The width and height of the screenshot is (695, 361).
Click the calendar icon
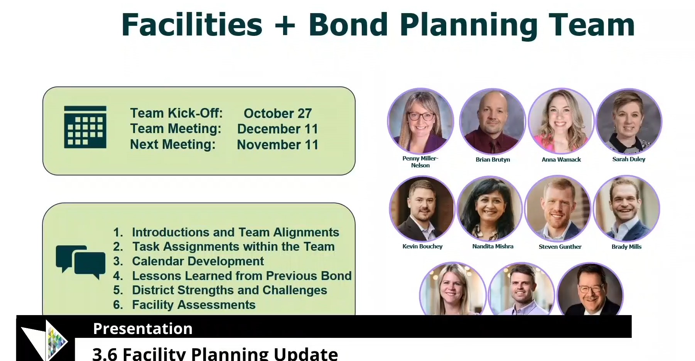tap(85, 127)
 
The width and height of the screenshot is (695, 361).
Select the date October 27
tap(278, 113)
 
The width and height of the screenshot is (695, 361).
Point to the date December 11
tap(278, 129)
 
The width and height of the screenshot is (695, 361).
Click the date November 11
tap(278, 145)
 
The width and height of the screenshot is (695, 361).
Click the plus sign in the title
tap(285, 25)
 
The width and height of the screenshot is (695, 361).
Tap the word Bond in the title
tap(348, 25)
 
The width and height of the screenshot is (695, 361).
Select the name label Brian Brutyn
tap(493, 159)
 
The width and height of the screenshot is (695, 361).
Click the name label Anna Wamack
tap(561, 159)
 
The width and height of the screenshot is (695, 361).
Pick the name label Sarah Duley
tap(629, 159)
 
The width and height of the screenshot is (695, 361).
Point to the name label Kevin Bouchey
tap(422, 246)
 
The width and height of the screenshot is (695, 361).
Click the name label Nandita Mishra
tap(493, 246)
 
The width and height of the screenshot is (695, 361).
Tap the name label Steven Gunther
tap(560, 247)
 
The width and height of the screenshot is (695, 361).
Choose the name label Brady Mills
tap(626, 247)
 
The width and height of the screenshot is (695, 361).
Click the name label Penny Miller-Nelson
tap(420, 162)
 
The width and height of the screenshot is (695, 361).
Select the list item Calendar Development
tap(198, 261)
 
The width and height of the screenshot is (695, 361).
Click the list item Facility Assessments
tap(194, 305)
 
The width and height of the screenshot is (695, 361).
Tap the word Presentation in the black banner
tap(143, 329)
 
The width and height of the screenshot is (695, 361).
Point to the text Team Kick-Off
tap(176, 113)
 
